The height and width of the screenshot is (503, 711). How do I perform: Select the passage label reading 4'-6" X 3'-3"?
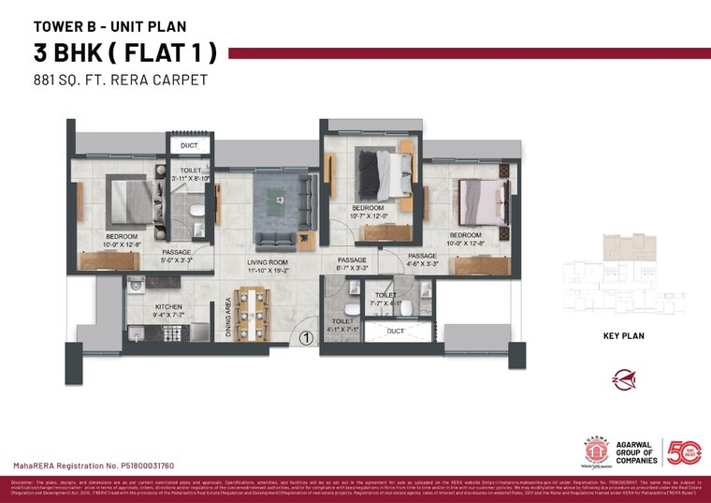[x=422, y=256]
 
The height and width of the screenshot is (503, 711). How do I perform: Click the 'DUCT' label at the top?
[x=189, y=146]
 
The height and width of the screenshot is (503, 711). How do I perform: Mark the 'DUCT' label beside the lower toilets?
[x=395, y=331]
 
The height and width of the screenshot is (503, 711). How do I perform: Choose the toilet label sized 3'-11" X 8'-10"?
[x=190, y=171]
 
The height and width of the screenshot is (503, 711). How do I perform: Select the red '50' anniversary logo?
[x=682, y=451]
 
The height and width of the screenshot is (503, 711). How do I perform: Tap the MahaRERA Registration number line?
[x=93, y=465]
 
